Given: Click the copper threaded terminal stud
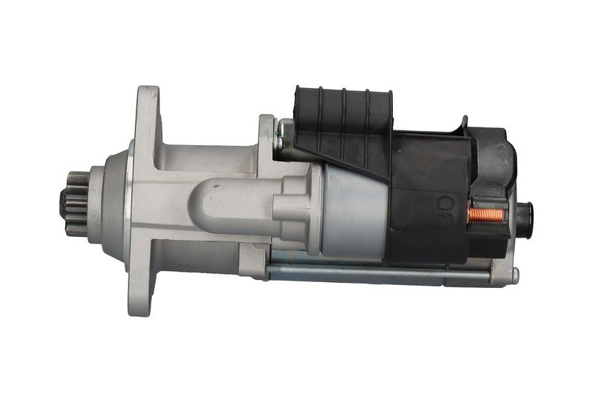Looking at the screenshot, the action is (486, 215).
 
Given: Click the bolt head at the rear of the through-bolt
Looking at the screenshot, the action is (515, 276).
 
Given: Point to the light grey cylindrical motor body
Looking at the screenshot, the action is (354, 212).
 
